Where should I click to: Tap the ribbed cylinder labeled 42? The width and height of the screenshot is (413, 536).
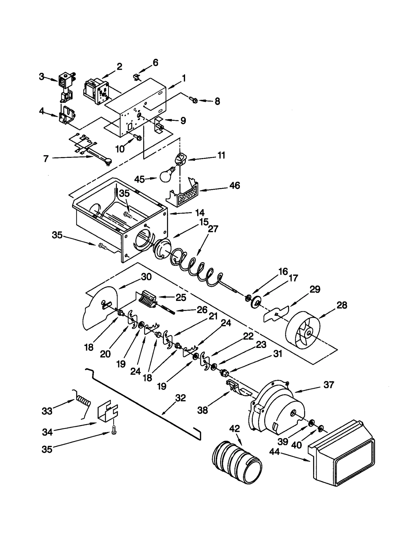pos(236,467)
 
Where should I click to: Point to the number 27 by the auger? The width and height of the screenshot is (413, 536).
pos(213,229)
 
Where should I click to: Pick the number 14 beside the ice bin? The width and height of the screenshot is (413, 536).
pos(200,213)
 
